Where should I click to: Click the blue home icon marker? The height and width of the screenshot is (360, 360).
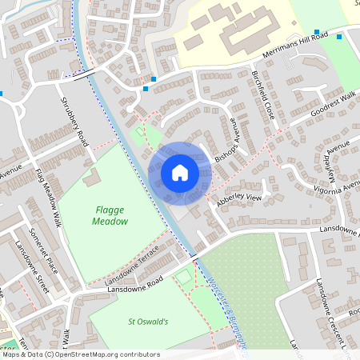coord(179,172)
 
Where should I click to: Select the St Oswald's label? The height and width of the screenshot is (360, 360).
coord(148,322)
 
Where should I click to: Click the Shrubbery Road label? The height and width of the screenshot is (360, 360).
coord(74,122)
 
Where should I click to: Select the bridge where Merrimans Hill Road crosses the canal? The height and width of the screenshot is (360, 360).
coord(85,77)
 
